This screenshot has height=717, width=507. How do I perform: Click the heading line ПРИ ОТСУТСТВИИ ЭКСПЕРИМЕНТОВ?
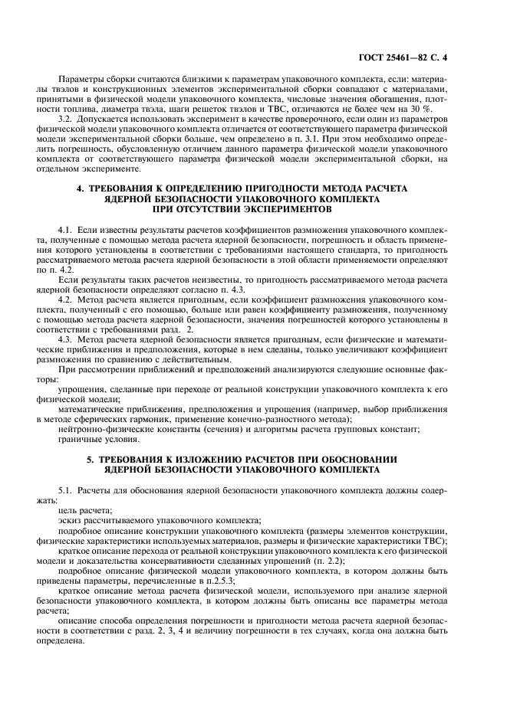coord(252,208)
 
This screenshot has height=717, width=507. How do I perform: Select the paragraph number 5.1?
coord(67,489)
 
